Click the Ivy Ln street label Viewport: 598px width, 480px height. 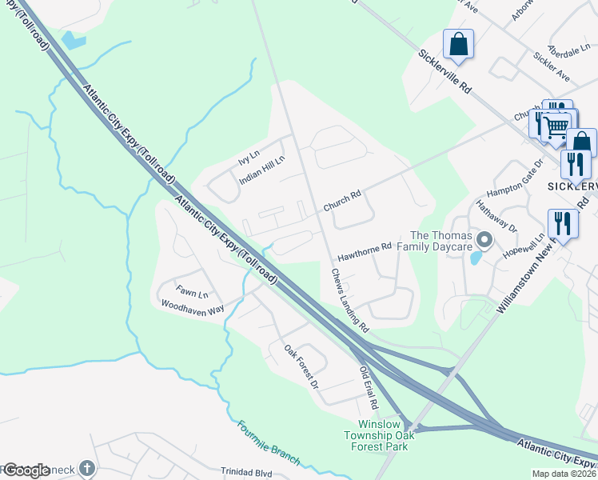249,157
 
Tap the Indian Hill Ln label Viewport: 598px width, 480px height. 262,170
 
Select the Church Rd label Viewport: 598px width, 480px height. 342,200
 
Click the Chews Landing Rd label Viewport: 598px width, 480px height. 349,300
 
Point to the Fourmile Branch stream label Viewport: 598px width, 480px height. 269,442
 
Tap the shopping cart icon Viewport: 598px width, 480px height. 557,126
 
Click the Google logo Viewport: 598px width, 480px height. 26,470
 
